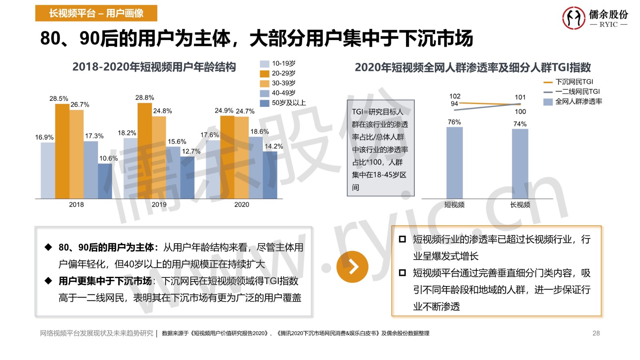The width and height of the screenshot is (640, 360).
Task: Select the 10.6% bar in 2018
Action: coord(105,181)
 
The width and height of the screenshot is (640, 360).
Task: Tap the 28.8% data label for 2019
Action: coord(144,98)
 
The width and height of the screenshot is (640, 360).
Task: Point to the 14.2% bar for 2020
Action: coord(270,175)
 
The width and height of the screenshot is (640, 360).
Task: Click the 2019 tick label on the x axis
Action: coord(159,204)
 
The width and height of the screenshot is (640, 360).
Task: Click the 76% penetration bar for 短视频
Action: coord(454,163)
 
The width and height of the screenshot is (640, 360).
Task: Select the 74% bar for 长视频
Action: coord(520,164)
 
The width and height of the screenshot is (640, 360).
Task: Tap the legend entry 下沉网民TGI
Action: coord(568,82)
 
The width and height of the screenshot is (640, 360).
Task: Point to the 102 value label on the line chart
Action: coord(455,96)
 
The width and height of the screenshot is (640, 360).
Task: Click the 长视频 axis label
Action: coord(520,205)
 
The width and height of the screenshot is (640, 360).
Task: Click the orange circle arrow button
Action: coord(352,267)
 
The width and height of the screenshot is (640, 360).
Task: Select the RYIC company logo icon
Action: coord(574,18)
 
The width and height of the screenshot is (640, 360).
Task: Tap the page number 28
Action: coord(596,333)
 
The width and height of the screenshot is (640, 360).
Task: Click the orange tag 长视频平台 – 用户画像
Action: coord(96,13)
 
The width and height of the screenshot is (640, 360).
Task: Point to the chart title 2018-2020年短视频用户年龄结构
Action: coord(154,67)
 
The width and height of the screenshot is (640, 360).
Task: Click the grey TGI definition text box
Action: coord(380,148)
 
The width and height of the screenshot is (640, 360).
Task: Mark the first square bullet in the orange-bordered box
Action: coord(402,239)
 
